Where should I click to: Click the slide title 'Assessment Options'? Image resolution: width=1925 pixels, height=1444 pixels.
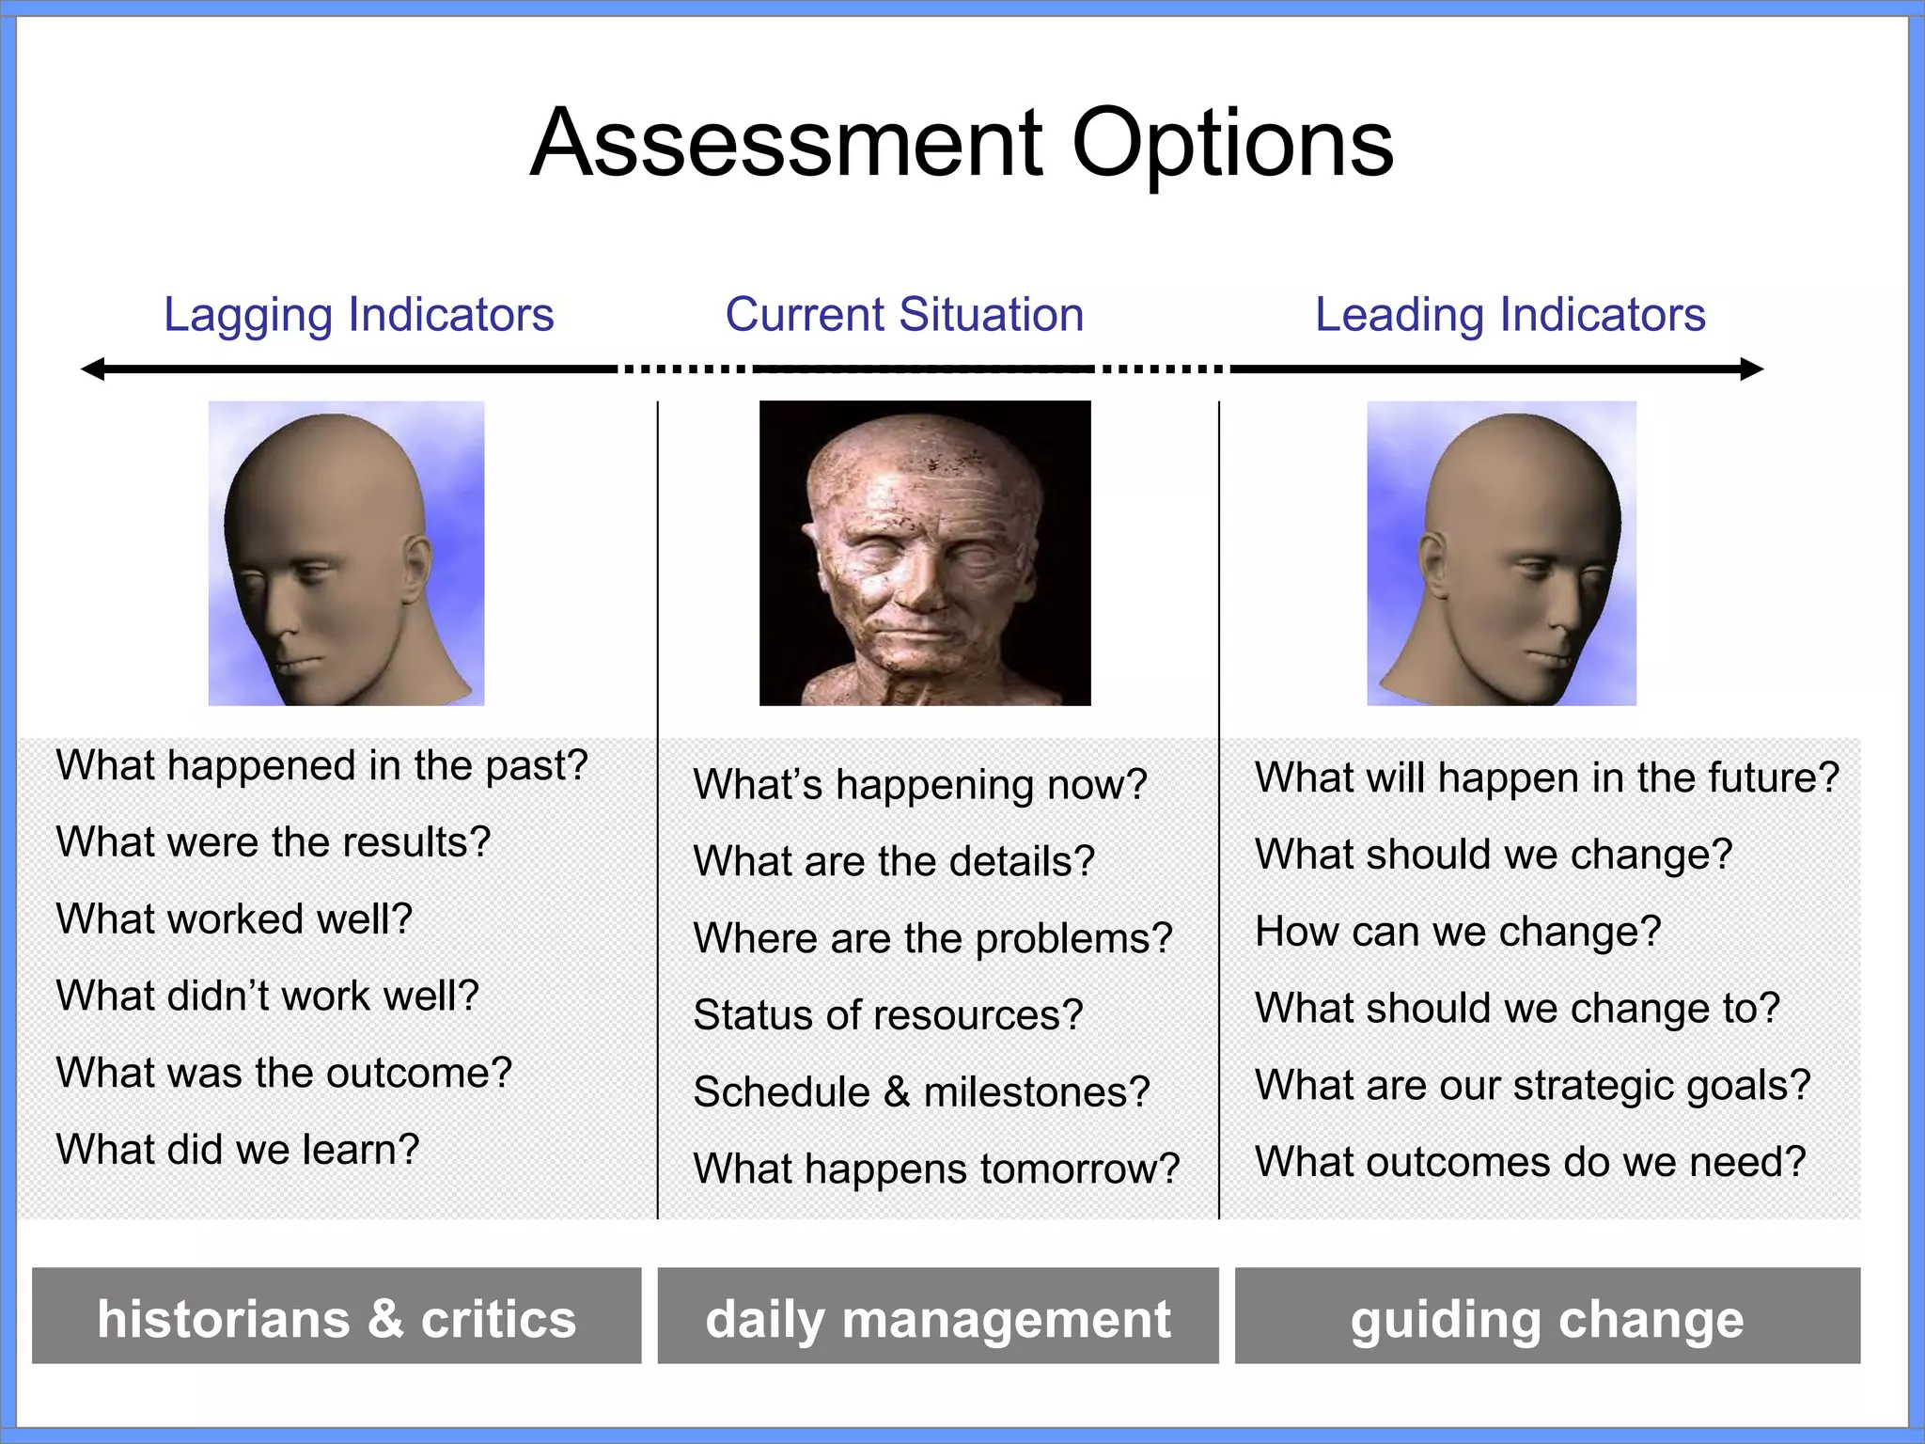click(x=962, y=144)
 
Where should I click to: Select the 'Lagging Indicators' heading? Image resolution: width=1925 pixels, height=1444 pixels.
click(x=358, y=315)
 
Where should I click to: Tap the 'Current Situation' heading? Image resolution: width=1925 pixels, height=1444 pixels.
click(x=904, y=315)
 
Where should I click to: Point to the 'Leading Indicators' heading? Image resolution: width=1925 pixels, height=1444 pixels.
click(x=1510, y=315)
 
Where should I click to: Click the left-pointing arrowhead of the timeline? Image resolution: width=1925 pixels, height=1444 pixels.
click(x=92, y=369)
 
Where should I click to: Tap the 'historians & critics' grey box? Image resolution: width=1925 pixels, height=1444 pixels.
click(x=336, y=1316)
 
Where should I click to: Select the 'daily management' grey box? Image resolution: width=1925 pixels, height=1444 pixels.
click(x=938, y=1316)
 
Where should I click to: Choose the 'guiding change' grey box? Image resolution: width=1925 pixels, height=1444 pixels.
click(x=1547, y=1316)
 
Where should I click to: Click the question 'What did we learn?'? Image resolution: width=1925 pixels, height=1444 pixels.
click(x=238, y=1150)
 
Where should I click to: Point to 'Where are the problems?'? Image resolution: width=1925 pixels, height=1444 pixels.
click(x=932, y=938)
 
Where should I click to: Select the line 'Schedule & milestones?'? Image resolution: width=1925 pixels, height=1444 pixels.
click(x=921, y=1092)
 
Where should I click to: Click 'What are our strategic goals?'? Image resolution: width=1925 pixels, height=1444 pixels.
click(x=1532, y=1085)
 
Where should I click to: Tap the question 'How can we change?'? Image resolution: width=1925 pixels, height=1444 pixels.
click(x=1458, y=932)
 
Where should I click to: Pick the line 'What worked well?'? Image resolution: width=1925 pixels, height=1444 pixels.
click(x=234, y=918)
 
